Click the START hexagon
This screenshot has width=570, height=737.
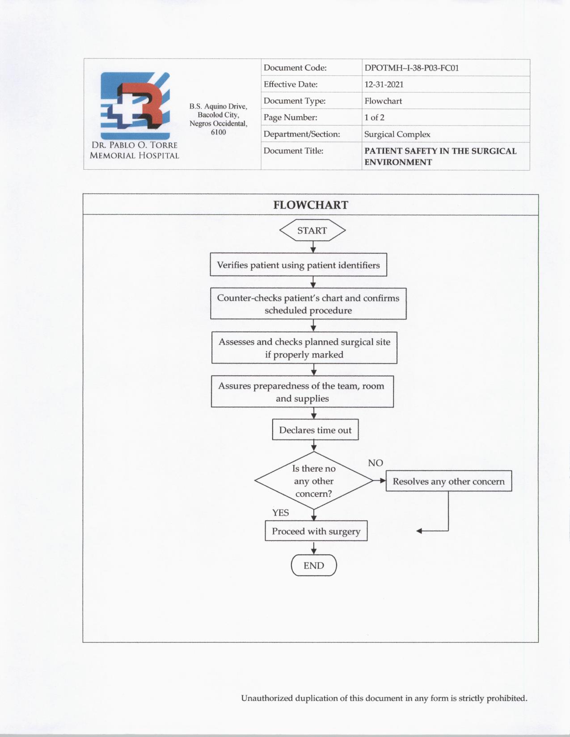point(312,230)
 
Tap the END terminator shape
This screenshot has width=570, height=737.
point(313,565)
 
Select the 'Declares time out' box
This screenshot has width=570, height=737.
point(315,430)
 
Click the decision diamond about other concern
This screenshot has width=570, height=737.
point(313,481)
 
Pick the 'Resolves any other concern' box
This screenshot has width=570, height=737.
point(448,481)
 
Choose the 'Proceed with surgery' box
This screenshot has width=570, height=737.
point(316,531)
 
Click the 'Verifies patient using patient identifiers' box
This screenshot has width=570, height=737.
point(298,265)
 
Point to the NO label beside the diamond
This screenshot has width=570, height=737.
point(376,463)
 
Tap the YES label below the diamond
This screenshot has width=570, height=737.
point(281,513)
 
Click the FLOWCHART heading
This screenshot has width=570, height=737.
point(311,205)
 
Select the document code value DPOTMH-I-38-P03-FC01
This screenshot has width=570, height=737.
point(412,68)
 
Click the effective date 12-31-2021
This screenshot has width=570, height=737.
point(384,84)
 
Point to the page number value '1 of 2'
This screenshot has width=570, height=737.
point(374,117)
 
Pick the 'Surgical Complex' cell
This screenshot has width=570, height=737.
point(397,134)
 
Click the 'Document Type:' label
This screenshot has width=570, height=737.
point(295,101)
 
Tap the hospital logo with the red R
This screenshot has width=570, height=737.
point(135,106)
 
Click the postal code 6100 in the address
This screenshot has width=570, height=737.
point(218,132)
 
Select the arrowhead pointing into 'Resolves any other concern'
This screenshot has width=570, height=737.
point(382,481)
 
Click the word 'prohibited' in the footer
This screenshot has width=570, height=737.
point(507,698)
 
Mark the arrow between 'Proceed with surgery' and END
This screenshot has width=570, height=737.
point(314,548)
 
